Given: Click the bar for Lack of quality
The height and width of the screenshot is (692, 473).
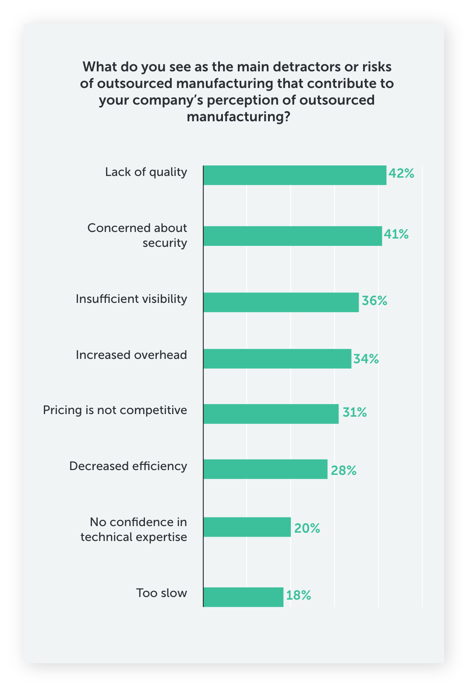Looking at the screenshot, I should pyautogui.click(x=295, y=175).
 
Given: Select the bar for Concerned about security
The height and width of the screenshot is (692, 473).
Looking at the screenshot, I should pyautogui.click(x=293, y=236).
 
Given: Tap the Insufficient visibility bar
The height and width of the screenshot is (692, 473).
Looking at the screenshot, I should pyautogui.click(x=281, y=302).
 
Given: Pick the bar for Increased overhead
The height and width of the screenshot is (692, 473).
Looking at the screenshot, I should pyautogui.click(x=277, y=358).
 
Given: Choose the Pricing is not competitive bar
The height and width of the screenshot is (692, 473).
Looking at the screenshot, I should pyautogui.click(x=271, y=414).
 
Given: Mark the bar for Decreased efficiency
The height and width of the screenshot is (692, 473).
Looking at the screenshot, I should pyautogui.click(x=265, y=469).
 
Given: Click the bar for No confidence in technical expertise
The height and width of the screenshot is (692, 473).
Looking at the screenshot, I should pyautogui.click(x=247, y=527).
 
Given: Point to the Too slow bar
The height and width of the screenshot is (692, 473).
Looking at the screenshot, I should pyautogui.click(x=243, y=597).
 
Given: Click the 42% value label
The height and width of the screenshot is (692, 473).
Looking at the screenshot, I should pyautogui.click(x=401, y=173).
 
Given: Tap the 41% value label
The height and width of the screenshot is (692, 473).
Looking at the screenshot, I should pyautogui.click(x=396, y=235).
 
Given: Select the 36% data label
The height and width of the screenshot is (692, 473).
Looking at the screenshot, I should pyautogui.click(x=374, y=301).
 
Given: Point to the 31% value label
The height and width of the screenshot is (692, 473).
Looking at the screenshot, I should pyautogui.click(x=355, y=412).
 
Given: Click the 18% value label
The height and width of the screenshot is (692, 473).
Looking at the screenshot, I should pyautogui.click(x=299, y=595).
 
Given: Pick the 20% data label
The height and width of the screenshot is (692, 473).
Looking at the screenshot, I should pyautogui.click(x=307, y=528).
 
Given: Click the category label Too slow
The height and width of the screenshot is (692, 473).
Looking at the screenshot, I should pyautogui.click(x=161, y=593).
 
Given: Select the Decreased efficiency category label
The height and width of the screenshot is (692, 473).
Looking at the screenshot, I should pyautogui.click(x=128, y=466).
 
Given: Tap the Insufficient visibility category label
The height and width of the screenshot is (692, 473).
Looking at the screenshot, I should pyautogui.click(x=131, y=299).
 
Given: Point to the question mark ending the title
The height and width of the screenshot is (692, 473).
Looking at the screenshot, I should pyautogui.click(x=286, y=117).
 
